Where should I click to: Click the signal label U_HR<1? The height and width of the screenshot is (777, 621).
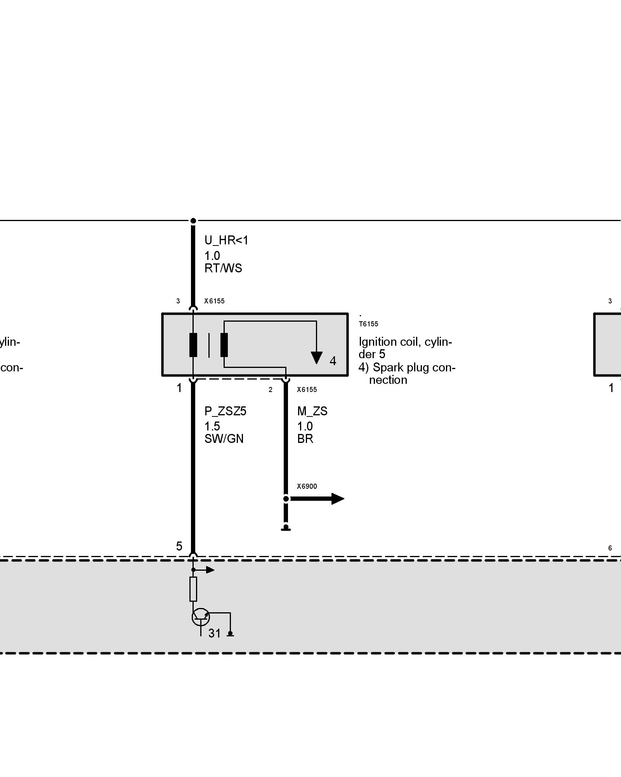pyautogui.click(x=226, y=240)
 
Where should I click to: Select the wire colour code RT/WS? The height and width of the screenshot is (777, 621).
pyautogui.click(x=223, y=268)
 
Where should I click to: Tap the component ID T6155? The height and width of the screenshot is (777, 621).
pyautogui.click(x=368, y=324)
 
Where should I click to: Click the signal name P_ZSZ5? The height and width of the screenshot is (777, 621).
pyautogui.click(x=225, y=411)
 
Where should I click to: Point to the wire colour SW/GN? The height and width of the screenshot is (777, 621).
pyautogui.click(x=224, y=439)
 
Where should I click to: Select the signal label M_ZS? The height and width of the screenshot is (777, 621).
pyautogui.click(x=312, y=411)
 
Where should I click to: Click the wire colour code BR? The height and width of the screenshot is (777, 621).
pyautogui.click(x=305, y=439)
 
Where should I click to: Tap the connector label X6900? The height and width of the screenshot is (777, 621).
pyautogui.click(x=307, y=486)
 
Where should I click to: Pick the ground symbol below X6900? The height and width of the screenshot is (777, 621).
pyautogui.click(x=286, y=528)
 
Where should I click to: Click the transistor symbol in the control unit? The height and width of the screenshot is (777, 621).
pyautogui.click(x=200, y=617)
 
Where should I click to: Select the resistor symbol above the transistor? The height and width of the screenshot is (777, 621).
pyautogui.click(x=193, y=589)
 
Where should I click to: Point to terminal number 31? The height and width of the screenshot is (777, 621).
pyautogui.click(x=214, y=634)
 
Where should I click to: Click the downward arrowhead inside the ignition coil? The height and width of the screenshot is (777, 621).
pyautogui.click(x=316, y=357)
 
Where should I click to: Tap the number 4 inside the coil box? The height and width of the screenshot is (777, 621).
pyautogui.click(x=333, y=361)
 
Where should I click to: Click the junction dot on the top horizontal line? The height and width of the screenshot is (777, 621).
pyautogui.click(x=193, y=221)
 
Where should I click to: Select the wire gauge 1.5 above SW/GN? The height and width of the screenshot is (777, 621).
pyautogui.click(x=212, y=426)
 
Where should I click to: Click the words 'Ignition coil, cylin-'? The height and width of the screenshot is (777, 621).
pyautogui.click(x=405, y=342)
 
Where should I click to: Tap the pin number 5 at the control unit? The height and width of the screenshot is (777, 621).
pyautogui.click(x=179, y=547)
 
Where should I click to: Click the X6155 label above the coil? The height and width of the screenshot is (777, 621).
pyautogui.click(x=214, y=301)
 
